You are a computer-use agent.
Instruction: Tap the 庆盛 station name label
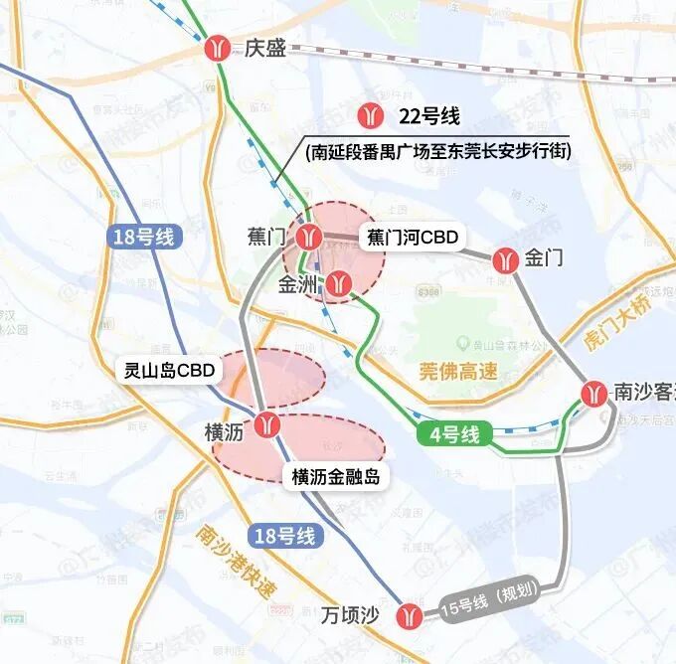[264, 48]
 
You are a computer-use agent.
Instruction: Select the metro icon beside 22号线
[372, 115]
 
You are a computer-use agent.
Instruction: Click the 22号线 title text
[427, 115]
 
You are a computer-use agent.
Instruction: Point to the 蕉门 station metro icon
[310, 237]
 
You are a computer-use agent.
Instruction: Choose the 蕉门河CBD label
[413, 238]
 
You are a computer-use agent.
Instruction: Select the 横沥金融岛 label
[336, 476]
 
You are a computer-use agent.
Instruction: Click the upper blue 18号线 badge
[145, 237]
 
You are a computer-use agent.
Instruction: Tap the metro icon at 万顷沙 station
[407, 615]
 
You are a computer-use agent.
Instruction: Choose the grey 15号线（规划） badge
[487, 597]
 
